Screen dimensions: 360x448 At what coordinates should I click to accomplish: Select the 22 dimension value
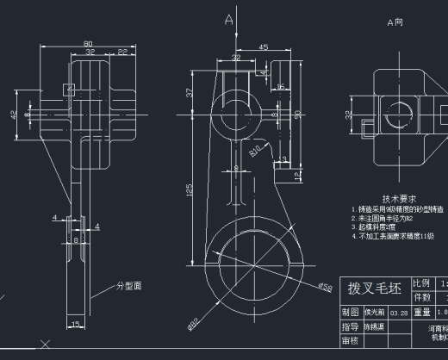[122, 53]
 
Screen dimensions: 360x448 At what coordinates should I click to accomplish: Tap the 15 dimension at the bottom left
[75, 324]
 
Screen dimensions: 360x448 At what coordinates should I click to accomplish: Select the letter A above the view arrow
[228, 18]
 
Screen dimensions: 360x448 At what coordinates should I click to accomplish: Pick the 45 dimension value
[263, 47]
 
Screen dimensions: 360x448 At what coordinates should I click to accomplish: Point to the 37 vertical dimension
[189, 92]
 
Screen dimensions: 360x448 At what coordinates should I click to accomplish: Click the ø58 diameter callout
[326, 286]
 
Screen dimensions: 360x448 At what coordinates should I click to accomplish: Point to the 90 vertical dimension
[297, 113]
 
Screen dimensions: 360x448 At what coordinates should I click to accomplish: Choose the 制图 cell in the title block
[350, 312]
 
